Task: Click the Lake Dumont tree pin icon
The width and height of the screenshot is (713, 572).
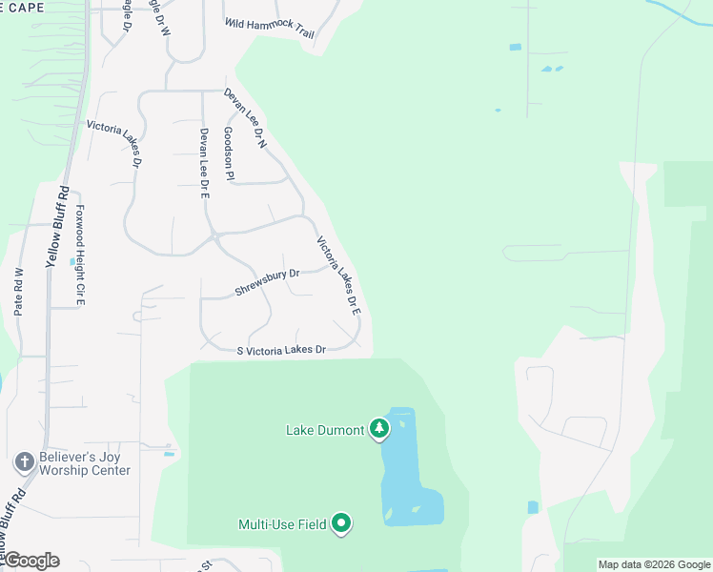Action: tap(379, 429)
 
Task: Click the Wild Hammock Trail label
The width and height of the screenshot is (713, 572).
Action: tap(270, 28)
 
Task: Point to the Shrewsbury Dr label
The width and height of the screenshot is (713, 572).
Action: tap(267, 281)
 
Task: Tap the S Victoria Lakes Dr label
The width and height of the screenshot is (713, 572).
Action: tap(281, 350)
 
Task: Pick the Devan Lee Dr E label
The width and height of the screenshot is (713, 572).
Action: tap(204, 163)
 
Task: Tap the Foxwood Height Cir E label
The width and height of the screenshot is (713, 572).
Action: tap(81, 255)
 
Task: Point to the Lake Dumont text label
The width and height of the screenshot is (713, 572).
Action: tap(325, 430)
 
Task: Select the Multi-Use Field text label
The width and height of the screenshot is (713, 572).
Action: tap(282, 523)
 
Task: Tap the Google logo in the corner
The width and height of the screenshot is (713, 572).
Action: tap(31, 561)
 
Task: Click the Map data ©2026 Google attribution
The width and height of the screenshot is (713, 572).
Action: tap(654, 564)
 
